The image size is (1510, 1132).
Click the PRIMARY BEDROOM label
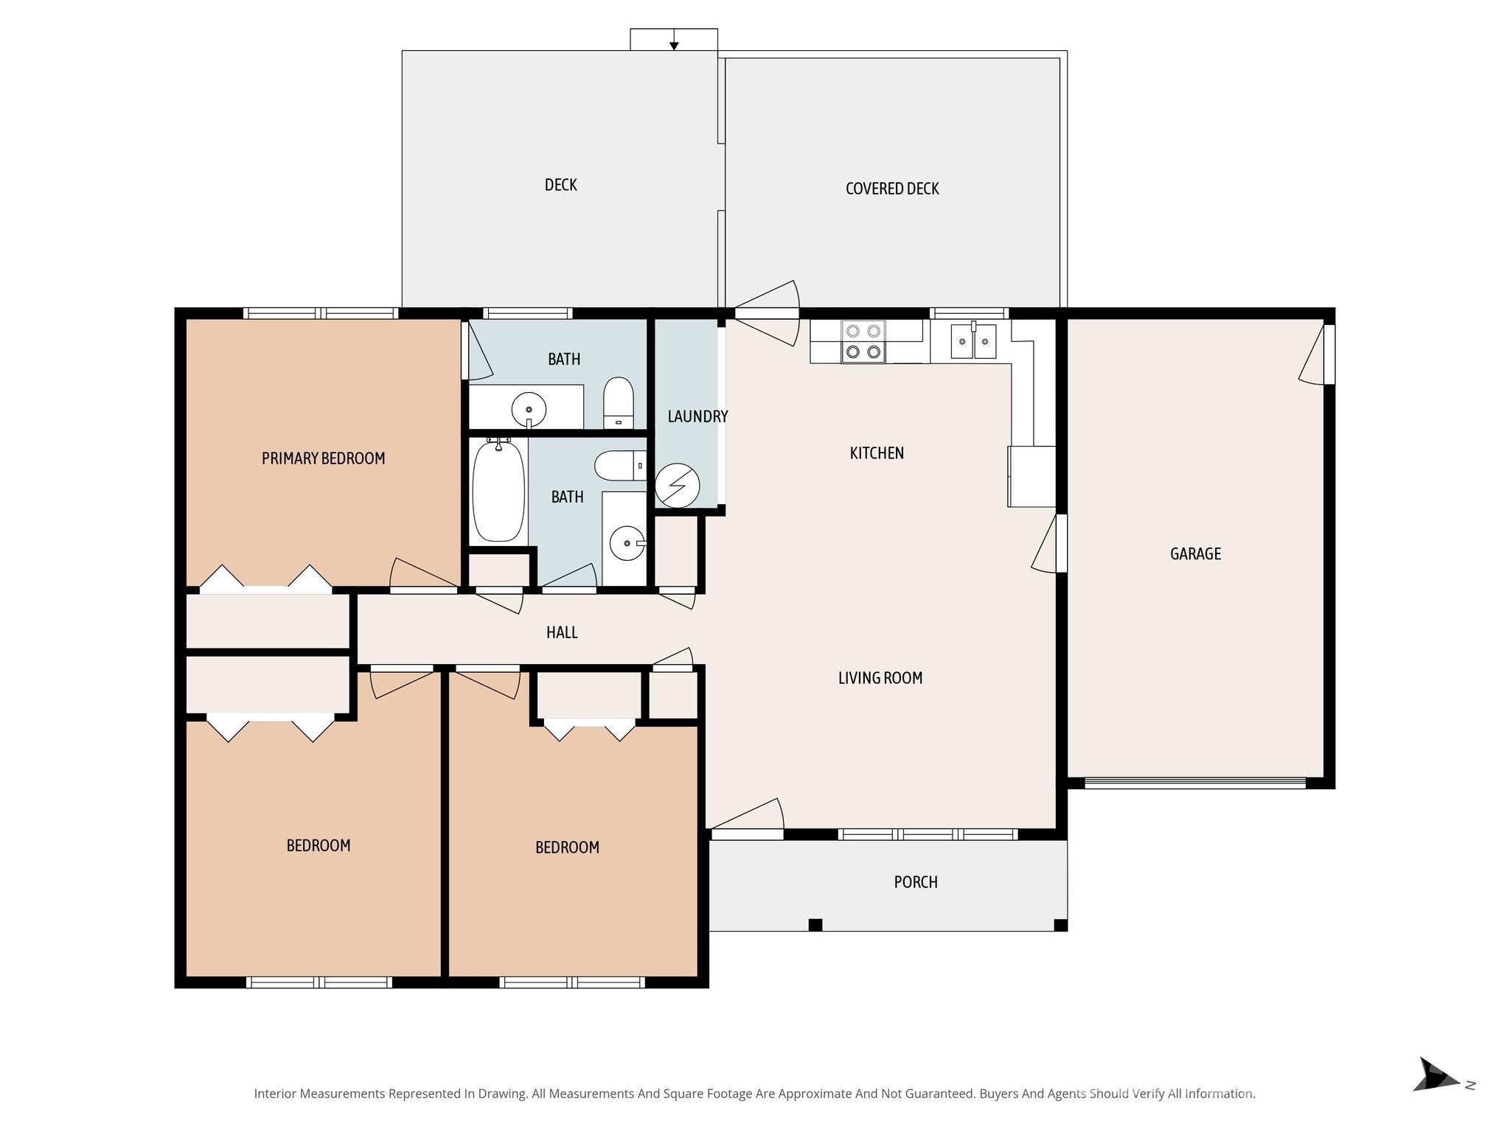click(323, 458)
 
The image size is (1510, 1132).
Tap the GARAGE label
click(1195, 553)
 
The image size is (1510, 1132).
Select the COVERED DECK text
click(892, 189)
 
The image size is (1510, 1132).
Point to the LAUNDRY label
click(697, 416)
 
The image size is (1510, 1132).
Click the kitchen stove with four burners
click(863, 342)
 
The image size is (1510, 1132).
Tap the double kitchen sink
click(973, 341)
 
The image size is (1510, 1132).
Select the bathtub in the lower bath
click(498, 490)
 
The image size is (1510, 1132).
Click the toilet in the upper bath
click(619, 402)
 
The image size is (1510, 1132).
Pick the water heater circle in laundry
click(677, 485)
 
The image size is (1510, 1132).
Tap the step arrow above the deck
click(674, 44)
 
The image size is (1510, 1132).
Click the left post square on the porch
click(815, 924)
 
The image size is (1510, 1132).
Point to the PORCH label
click(916, 882)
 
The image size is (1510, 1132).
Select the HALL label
click(562, 632)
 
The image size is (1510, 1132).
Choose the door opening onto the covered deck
click(767, 313)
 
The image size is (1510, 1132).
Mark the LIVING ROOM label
click(880, 678)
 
